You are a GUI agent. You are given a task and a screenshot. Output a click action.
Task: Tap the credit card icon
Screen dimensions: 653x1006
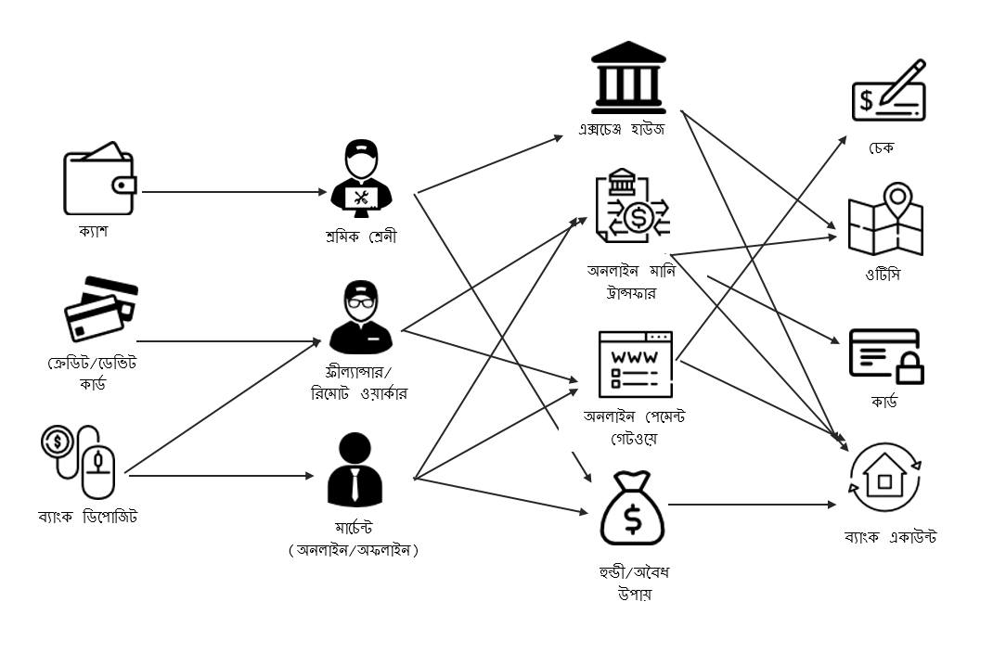[100, 309]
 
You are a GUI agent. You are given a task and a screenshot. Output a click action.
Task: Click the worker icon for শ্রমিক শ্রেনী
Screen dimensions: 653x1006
[362, 178]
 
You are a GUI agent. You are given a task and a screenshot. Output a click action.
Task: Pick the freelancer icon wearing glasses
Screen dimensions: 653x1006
[360, 318]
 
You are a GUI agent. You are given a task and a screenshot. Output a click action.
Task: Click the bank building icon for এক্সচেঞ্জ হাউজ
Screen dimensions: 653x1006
[628, 76]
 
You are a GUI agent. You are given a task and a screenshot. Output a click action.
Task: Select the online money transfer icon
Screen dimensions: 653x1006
[631, 211]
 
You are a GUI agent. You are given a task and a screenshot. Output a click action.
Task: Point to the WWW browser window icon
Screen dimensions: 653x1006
[635, 363]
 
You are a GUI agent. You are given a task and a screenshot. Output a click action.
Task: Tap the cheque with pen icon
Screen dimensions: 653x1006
[888, 91]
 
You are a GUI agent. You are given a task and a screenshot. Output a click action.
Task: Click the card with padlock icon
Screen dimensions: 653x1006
[886, 357]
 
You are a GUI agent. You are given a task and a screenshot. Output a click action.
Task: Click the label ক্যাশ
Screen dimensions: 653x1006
[93, 231]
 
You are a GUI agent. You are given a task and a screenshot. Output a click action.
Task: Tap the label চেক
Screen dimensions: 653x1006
[882, 148]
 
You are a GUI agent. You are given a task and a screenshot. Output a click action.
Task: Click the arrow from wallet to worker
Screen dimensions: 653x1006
[232, 192]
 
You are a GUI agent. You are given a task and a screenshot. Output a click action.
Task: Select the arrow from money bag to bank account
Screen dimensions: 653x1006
[752, 505]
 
